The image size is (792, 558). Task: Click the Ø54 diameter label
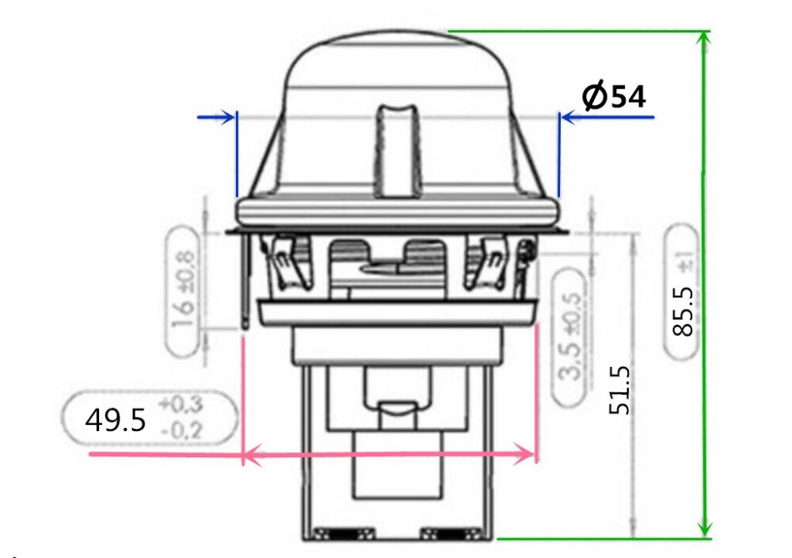[614, 97]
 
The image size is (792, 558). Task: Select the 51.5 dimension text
[619, 389]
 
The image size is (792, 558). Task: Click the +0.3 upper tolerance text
[181, 404]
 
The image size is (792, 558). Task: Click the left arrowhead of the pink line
[249, 455]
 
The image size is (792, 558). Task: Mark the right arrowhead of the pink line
[529, 455]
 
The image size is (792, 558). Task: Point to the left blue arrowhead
[229, 117]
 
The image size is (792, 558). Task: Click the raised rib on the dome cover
[396, 151]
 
